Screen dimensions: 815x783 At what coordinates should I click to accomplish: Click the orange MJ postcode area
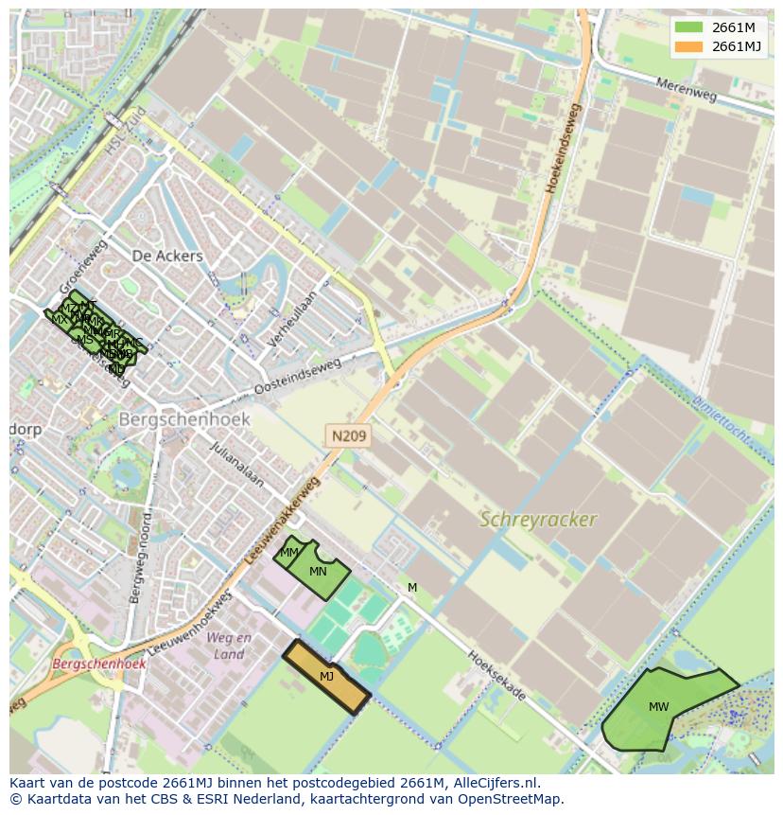(x=326, y=677)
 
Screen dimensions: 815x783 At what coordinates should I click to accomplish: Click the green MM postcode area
(x=289, y=553)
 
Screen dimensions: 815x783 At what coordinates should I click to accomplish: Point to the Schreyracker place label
(x=538, y=520)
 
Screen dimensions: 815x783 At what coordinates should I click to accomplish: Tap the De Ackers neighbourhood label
(x=167, y=256)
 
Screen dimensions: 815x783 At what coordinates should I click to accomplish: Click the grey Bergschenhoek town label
(x=184, y=418)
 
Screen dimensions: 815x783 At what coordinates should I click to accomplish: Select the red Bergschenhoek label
(x=99, y=664)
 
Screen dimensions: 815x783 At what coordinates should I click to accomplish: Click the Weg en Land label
(x=229, y=646)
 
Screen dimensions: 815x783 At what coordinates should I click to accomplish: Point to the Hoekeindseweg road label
(x=563, y=150)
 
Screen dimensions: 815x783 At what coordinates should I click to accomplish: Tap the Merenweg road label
(x=687, y=91)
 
